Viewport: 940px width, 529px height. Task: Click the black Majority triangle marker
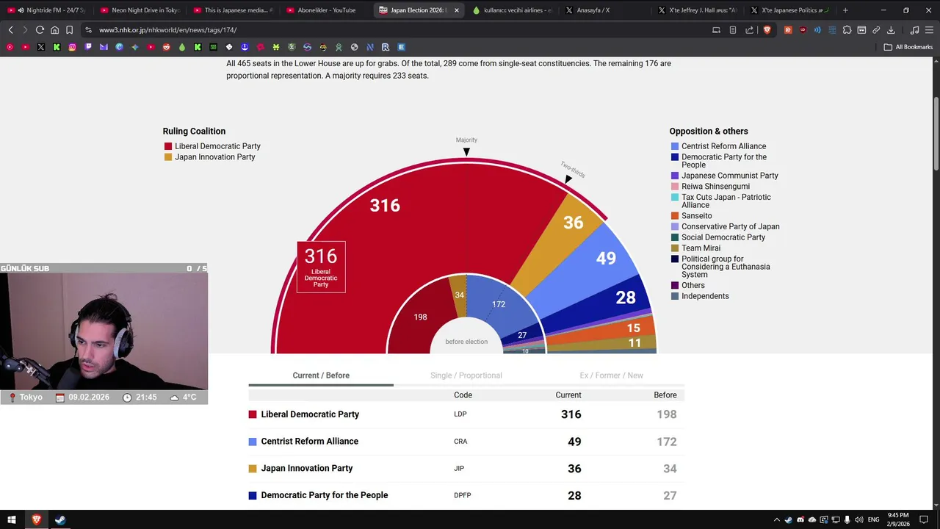tap(466, 152)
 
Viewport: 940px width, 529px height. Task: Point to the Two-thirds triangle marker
tap(568, 179)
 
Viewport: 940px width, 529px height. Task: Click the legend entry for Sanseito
tap(696, 216)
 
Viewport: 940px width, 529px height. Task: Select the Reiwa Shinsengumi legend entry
tap(705, 187)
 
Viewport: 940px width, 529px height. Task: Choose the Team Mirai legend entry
tap(701, 248)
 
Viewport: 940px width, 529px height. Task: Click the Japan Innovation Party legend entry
tap(214, 157)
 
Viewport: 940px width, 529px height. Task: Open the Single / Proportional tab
tap(466, 375)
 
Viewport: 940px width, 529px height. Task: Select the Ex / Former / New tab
tap(611, 375)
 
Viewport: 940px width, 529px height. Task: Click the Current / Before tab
tap(321, 375)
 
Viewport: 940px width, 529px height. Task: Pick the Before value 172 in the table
tap(666, 442)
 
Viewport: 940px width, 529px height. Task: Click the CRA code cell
tap(460, 442)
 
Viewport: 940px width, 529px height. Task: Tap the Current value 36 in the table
tap(574, 469)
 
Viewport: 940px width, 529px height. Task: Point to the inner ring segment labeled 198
tap(420, 317)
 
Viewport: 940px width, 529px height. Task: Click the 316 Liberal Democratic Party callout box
tap(321, 267)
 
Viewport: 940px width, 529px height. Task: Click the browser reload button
tap(40, 30)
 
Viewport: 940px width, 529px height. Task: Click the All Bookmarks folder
tap(908, 47)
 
